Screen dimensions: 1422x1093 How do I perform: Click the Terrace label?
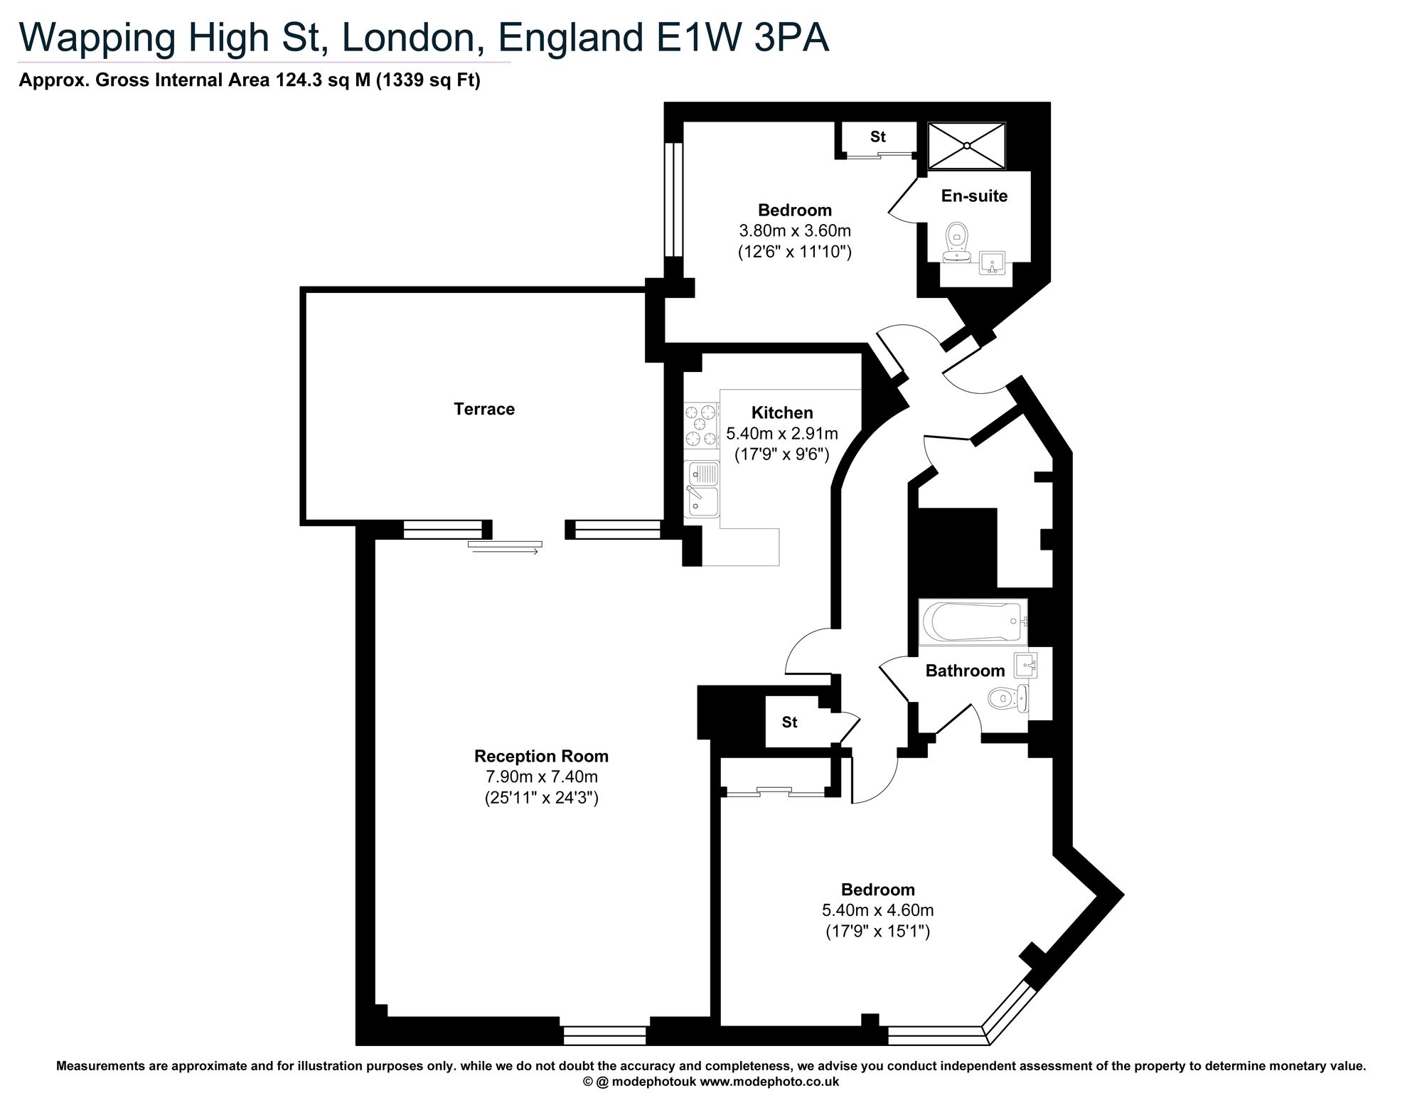tap(484, 409)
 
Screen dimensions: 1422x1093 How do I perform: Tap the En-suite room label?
tap(974, 196)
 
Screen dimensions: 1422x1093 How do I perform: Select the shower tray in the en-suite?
tap(967, 146)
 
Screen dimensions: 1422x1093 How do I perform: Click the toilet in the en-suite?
tap(957, 242)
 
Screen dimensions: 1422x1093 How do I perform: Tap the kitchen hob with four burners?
tap(701, 425)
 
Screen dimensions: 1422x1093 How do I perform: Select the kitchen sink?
tap(701, 489)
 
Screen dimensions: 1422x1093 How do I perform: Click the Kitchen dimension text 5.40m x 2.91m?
tap(782, 433)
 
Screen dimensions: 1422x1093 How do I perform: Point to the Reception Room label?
tap(542, 756)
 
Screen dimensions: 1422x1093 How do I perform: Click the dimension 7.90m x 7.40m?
tap(542, 777)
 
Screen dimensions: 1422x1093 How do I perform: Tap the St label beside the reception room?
tap(789, 723)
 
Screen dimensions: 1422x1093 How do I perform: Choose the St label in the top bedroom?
tap(878, 137)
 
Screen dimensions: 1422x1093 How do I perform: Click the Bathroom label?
tap(965, 671)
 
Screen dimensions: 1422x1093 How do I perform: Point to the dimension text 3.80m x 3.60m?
tap(795, 231)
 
